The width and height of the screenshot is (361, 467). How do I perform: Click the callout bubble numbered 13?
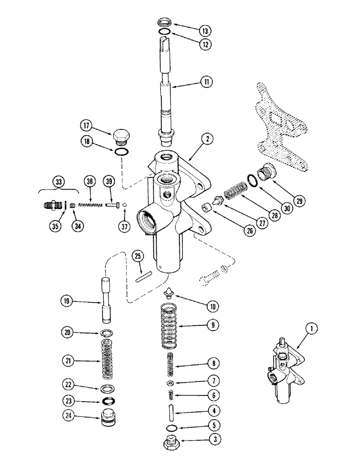coord(204,31)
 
